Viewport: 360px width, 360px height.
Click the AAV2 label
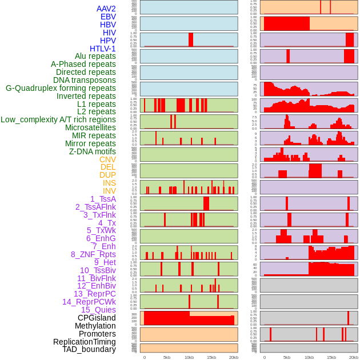pyautogui.click(x=106, y=9)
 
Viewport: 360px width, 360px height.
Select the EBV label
pyautogui.click(x=108, y=17)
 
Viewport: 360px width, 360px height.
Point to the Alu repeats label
pyautogui.click(x=95, y=56)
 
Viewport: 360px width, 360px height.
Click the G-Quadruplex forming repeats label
pyautogui.click(x=61, y=88)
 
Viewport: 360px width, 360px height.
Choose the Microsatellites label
pyautogui.click(x=90, y=127)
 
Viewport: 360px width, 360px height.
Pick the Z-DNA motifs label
pyautogui.click(x=93, y=151)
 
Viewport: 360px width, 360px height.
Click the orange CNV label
pyautogui.click(x=107, y=159)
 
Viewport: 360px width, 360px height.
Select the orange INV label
pyautogui.click(x=109, y=191)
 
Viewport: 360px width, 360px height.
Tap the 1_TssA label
pyautogui.click(x=103, y=199)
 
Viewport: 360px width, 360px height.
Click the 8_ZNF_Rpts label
pyautogui.click(x=93, y=254)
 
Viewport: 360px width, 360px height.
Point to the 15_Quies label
pyautogui.click(x=98, y=310)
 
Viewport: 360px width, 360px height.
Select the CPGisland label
pyautogui.click(x=97, y=318)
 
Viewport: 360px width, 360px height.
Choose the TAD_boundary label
pyautogui.click(x=89, y=349)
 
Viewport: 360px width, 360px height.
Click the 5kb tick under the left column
pyautogui.click(x=167, y=357)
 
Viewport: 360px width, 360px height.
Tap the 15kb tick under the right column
pyautogui.click(x=331, y=357)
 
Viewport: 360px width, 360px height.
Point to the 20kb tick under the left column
pyautogui.click(x=234, y=357)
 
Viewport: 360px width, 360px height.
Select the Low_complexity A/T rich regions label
pyautogui.click(x=58, y=119)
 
